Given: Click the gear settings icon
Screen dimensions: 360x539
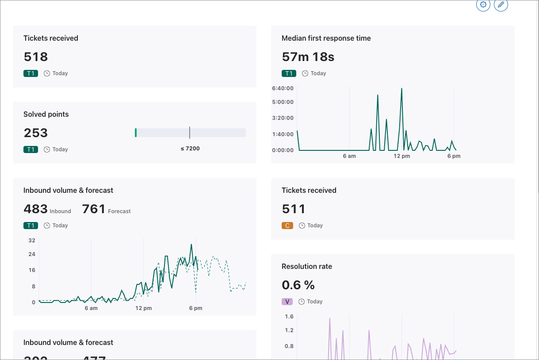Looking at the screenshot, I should coord(483,4).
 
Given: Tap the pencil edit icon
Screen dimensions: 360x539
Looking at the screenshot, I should coord(501,4).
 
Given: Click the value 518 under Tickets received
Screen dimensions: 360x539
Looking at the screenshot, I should coord(36,57).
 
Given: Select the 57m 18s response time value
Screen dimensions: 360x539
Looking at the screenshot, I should coord(308,57).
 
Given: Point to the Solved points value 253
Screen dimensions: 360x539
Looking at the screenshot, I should coord(36,133).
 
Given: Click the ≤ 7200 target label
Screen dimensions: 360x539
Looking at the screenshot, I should coord(190,149).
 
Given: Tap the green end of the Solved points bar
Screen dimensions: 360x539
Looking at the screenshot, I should coord(136,133).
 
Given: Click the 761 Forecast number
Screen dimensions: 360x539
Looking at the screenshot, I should coord(94,209).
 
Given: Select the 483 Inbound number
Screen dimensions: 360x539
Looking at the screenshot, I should coord(36,209).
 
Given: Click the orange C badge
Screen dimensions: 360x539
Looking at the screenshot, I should coord(287,226).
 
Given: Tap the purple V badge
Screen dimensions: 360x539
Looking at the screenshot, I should coord(287,302).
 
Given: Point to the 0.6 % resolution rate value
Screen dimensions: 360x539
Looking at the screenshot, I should coord(298,285).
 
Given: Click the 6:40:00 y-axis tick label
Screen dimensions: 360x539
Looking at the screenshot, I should coord(283,88).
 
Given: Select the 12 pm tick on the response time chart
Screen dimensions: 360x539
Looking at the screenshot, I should coord(402,156).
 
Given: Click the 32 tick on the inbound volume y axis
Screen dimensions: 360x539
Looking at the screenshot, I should coord(32,241).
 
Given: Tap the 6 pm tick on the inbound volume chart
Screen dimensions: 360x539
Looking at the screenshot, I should coord(195,308).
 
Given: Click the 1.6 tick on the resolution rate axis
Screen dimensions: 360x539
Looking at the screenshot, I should coord(289,317).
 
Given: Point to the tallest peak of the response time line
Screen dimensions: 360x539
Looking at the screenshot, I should coord(401,88).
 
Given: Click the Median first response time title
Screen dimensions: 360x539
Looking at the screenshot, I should coord(326,38).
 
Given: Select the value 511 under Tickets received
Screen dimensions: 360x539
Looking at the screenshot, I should coord(294,209).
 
